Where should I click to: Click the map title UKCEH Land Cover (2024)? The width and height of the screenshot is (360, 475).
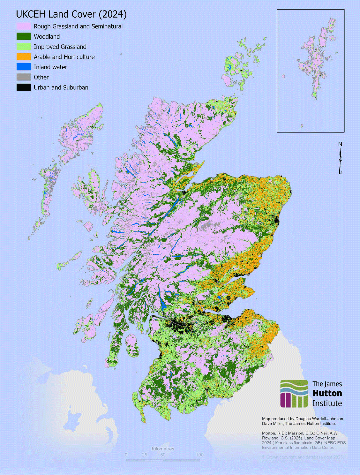coord(71,14)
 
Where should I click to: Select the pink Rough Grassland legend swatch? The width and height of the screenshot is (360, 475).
coord(24,26)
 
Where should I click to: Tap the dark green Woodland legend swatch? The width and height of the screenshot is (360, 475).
coord(24,36)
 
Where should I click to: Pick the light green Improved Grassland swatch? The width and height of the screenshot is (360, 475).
coord(24,47)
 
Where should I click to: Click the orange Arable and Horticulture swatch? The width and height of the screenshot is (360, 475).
coord(24,57)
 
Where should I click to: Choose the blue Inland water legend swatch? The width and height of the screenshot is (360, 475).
coord(24,67)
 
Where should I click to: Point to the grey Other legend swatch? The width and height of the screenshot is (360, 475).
coord(24,77)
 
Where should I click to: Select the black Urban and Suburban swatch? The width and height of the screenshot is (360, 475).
coord(24,87)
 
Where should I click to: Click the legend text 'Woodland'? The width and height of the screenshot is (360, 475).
coord(47,36)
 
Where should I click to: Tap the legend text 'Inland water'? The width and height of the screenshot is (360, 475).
coord(50,67)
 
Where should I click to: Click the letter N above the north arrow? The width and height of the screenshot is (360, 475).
coord(340,144)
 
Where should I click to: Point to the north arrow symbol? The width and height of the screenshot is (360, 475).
coord(340,162)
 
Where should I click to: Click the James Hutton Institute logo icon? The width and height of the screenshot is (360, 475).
coord(294,394)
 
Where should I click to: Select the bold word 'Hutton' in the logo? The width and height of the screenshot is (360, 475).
coord(327,393)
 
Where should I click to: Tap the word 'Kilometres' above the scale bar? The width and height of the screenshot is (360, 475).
coord(163,449)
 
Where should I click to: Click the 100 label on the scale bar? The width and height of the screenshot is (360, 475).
coord(199,455)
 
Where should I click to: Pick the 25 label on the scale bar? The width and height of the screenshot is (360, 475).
coord(145,455)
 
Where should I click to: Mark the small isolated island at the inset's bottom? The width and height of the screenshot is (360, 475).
coord(302,126)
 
